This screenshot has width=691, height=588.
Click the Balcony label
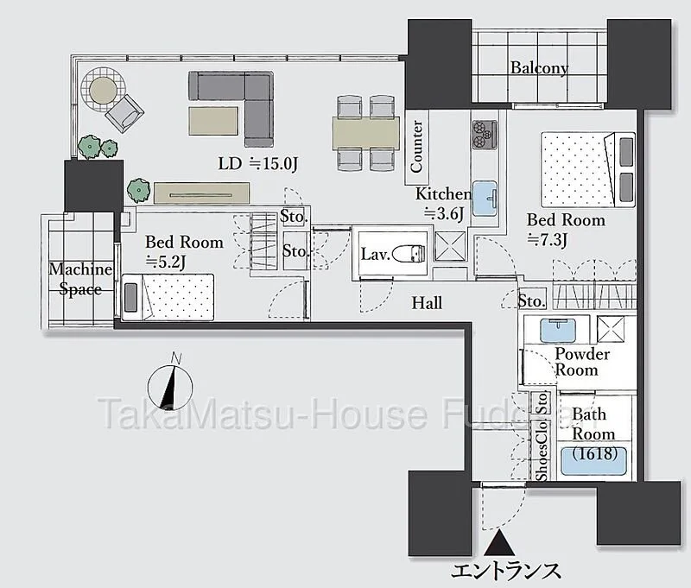pyautogui.click(x=539, y=68)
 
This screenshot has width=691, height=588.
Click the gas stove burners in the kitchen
pyautogui.click(x=485, y=135)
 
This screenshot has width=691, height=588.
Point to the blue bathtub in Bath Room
pyautogui.click(x=593, y=461)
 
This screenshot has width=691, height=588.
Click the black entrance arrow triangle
pyautogui.click(x=499, y=542)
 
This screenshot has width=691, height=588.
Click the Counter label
pyautogui.click(x=416, y=146)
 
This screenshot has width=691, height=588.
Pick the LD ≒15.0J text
pyautogui.click(x=258, y=164)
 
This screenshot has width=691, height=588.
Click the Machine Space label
pyautogui.click(x=80, y=279)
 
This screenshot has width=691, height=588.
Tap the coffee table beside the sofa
pyautogui.click(x=213, y=121)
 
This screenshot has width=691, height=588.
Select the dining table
pyautogui.click(x=365, y=132)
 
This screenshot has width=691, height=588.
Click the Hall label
pyautogui.click(x=427, y=302)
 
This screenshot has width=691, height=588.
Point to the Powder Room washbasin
pyautogui.click(x=558, y=330)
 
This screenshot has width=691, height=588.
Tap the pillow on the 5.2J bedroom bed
pyautogui.click(x=131, y=298)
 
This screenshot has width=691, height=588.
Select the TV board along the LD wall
pyautogui.click(x=202, y=193)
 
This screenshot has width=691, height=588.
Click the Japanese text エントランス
pyautogui.click(x=505, y=571)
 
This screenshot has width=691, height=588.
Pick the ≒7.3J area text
pyautogui.click(x=547, y=241)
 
